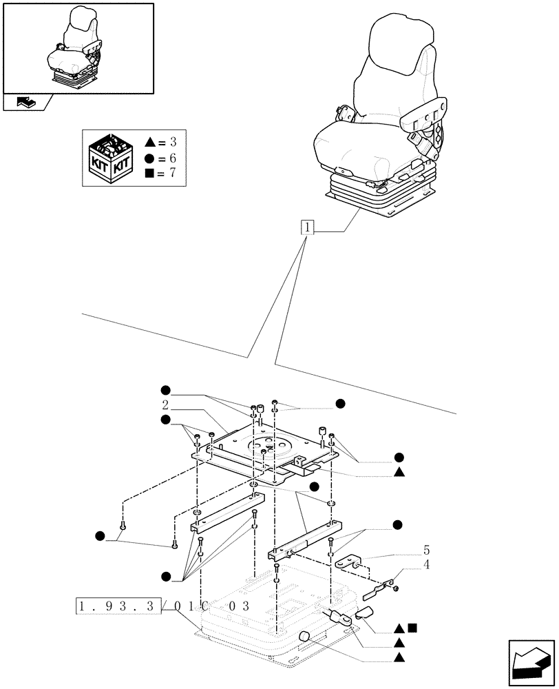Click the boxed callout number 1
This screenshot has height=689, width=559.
pos(307,228)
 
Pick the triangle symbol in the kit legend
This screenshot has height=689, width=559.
pos(150,143)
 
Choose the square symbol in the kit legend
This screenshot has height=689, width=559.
pos(150,172)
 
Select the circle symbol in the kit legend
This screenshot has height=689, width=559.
pos(150,158)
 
